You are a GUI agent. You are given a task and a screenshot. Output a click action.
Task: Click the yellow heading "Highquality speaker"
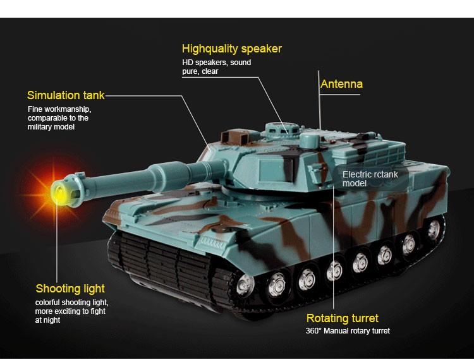[x=232, y=49]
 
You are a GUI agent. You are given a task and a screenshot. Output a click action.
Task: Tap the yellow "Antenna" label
[x=341, y=84]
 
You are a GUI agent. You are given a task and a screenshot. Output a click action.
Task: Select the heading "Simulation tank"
[x=66, y=95]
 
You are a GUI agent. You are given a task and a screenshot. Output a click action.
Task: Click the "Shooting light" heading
[x=70, y=289]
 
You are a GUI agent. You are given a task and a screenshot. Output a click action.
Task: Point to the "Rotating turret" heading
[x=342, y=318]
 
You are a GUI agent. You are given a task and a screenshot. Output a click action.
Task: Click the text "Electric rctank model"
[x=370, y=179]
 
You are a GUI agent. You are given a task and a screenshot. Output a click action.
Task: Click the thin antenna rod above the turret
[x=319, y=100]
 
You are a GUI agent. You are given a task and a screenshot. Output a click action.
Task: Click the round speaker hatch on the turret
[x=281, y=130]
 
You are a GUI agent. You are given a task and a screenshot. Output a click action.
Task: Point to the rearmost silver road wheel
[x=434, y=229]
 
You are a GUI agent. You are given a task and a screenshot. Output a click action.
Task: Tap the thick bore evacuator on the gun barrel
[x=171, y=176]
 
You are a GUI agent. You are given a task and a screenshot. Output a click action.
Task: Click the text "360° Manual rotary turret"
[x=348, y=331]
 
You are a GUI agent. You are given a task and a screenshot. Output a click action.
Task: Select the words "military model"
[x=51, y=127]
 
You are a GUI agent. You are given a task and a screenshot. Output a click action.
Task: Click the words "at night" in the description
[x=47, y=320]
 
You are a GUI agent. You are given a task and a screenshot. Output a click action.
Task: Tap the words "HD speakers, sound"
[x=216, y=63]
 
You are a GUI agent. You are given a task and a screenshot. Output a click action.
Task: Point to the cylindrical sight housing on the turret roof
[x=310, y=141]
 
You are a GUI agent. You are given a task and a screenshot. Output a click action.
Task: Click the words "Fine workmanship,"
[x=59, y=109]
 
